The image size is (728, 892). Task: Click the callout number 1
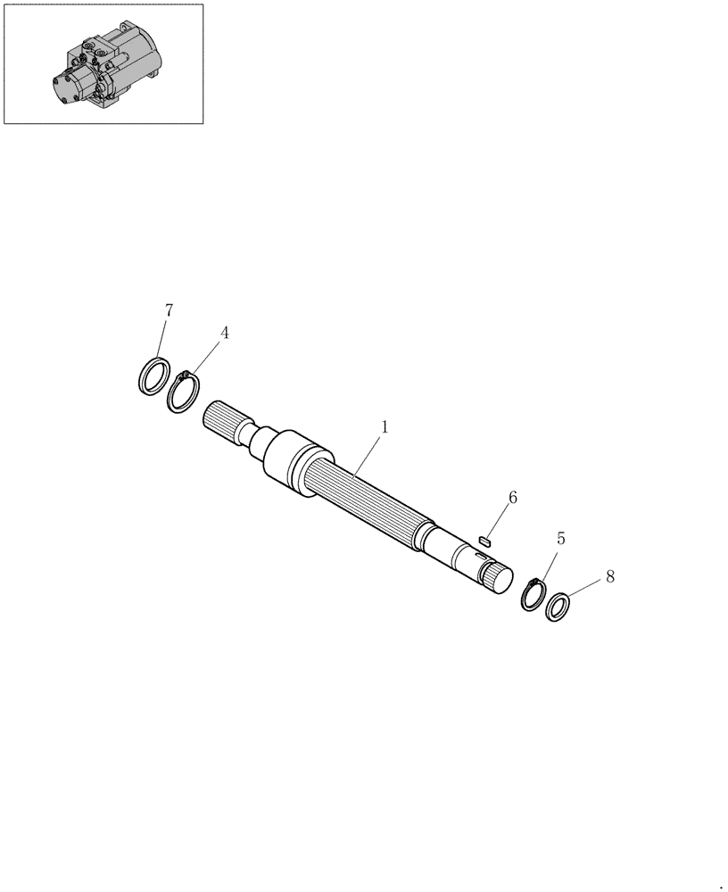point(384,427)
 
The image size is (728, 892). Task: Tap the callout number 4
point(225,333)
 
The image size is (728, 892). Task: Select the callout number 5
point(560,538)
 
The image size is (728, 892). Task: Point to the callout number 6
point(512,497)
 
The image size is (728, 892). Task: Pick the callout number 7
point(169,310)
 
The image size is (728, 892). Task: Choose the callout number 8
point(609,576)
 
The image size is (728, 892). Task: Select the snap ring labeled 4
point(183,393)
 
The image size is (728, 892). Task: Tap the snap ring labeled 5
point(534,594)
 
